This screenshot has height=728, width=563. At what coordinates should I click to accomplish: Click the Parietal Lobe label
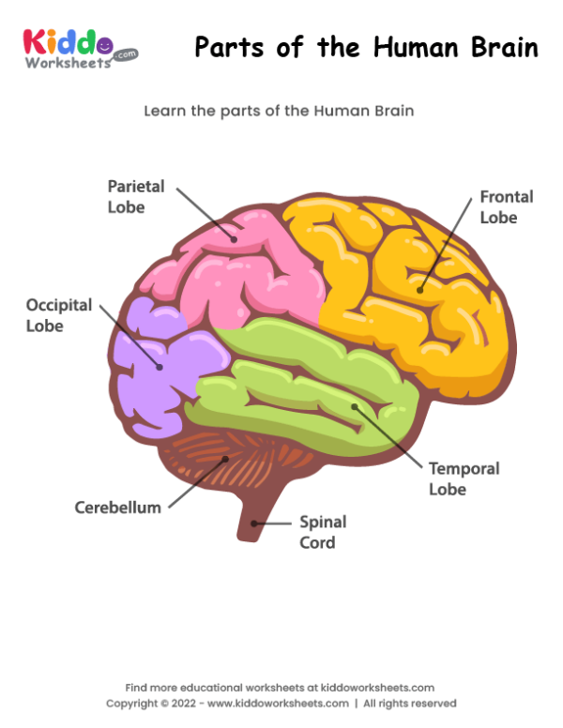point(135,196)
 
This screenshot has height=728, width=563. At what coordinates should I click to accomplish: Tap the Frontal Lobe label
point(506,206)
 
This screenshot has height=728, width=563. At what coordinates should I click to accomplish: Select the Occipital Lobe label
point(58,315)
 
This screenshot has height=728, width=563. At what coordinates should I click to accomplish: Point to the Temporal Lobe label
point(464,478)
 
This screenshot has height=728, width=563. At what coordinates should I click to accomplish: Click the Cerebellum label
point(117,508)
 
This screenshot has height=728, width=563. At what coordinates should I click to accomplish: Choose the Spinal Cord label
point(322,532)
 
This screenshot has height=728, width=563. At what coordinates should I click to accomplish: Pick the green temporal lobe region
point(310,375)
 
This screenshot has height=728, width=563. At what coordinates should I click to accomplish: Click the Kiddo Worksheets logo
point(79,47)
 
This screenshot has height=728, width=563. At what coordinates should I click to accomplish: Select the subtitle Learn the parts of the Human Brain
point(279,111)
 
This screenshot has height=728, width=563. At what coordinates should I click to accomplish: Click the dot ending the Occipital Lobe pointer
point(160,367)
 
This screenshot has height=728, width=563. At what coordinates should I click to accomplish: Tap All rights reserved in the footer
point(410,704)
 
